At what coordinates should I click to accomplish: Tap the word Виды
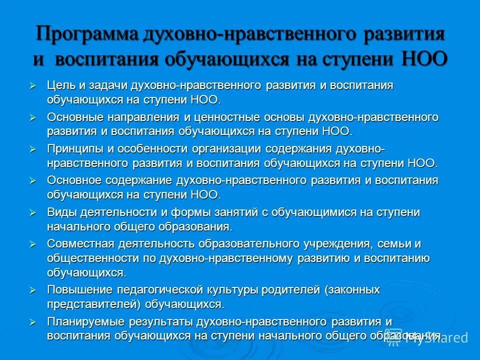[60, 212]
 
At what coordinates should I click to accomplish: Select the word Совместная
[80, 244]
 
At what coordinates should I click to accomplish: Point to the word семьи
[398, 244]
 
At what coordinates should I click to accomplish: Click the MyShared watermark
[437, 338]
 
